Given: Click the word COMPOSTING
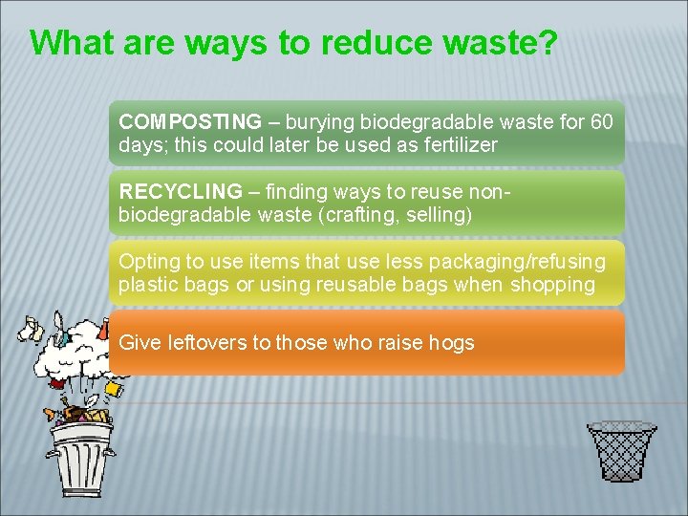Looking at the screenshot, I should point(189,122).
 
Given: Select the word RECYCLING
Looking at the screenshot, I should point(181,192).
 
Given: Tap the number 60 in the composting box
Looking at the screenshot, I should point(602,122).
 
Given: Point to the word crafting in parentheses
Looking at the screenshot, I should point(364,215).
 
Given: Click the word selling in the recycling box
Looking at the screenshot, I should point(437,215).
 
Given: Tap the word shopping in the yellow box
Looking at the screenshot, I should point(554,285).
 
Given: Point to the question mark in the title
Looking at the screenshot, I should point(546,44).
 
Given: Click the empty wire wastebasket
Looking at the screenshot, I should point(621,451).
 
